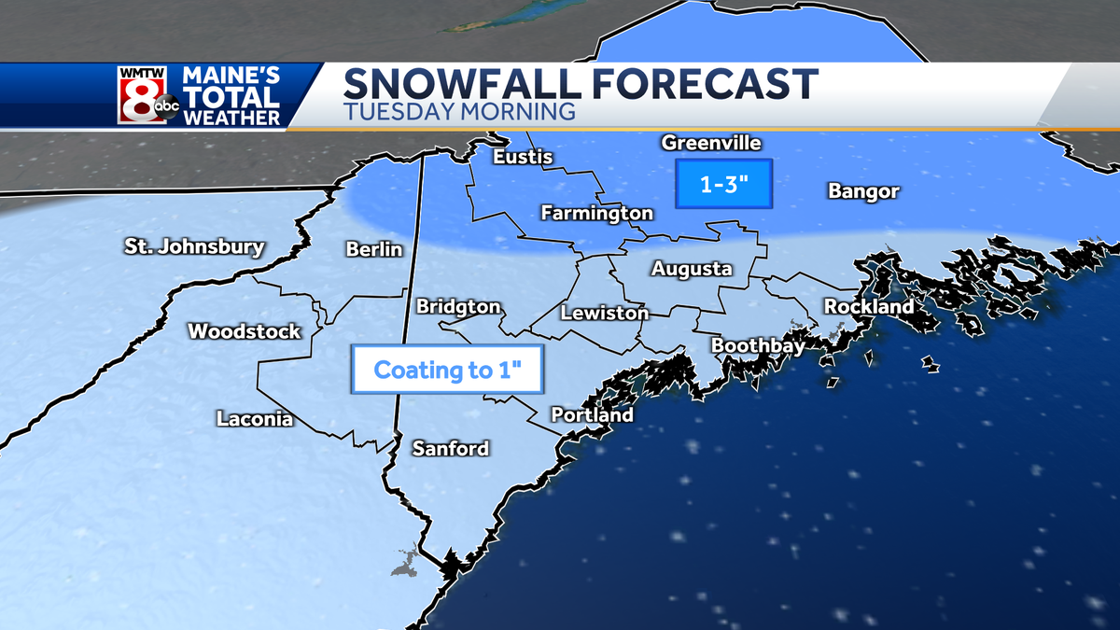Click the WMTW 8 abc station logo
(x=148, y=96)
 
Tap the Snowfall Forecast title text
(x=581, y=85)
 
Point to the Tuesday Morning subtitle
(x=458, y=111)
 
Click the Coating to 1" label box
(x=445, y=371)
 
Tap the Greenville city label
(x=712, y=143)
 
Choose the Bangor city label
(x=863, y=192)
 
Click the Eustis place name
(x=523, y=157)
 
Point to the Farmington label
(x=597, y=214)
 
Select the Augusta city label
(x=692, y=270)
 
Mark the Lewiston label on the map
(x=605, y=314)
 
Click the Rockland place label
(x=868, y=307)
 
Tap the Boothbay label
(x=756, y=345)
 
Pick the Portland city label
(x=592, y=415)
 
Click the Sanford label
(x=451, y=449)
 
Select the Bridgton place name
(x=458, y=307)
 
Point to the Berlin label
(x=373, y=249)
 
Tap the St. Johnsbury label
(x=194, y=247)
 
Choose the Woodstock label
(x=245, y=331)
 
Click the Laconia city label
(x=255, y=419)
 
